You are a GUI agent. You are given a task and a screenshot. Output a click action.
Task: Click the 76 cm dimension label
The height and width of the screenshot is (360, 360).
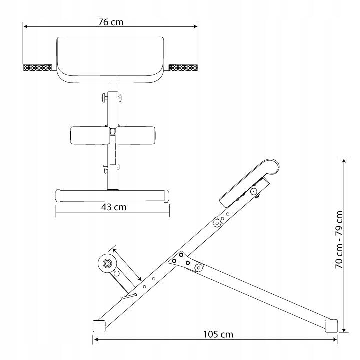(x=111, y=22)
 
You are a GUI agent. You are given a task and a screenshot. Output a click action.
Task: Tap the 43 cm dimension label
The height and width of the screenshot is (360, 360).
(x=114, y=207)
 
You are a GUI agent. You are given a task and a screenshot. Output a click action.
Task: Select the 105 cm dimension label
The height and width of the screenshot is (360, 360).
(x=218, y=334)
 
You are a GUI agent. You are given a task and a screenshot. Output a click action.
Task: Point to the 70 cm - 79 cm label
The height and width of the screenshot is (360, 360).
(x=339, y=240)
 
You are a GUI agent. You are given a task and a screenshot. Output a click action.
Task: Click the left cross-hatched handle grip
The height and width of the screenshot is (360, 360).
(x=37, y=68)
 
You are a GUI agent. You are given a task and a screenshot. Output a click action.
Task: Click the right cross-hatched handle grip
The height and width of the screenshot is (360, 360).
(x=183, y=68)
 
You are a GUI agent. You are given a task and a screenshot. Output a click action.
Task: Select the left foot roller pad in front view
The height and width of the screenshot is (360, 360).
(x=90, y=135)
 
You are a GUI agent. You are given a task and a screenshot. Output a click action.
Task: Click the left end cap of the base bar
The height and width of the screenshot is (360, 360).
(x=58, y=196)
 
